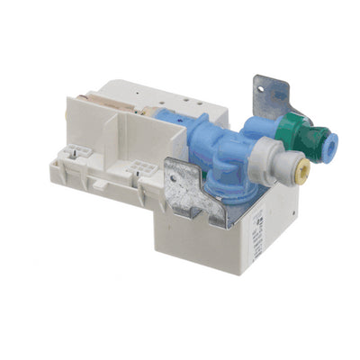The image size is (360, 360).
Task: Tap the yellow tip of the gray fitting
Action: [294, 167]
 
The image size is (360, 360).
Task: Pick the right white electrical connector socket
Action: [140, 172]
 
